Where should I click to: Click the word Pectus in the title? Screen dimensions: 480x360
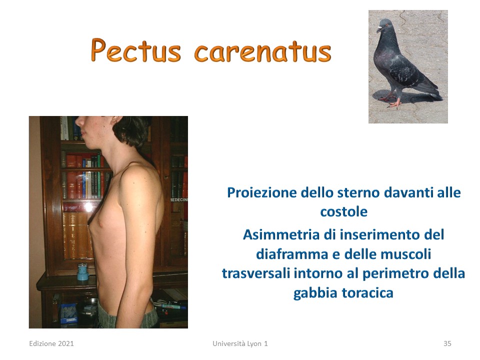[136, 50]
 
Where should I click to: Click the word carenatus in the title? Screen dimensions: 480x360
[263, 52]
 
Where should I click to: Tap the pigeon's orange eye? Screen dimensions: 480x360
[386, 25]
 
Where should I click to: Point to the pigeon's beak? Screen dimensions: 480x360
[379, 29]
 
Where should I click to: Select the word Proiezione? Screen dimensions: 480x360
[262, 193]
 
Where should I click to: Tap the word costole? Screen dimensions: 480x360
[344, 212]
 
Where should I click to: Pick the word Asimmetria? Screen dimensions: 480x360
[281, 235]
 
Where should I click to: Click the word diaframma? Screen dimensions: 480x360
[292, 254]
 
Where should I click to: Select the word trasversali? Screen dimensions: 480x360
[256, 273]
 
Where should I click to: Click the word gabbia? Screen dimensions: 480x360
[315, 293]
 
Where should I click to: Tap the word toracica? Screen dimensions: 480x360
[367, 293]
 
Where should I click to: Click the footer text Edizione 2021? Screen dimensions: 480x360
[51, 343]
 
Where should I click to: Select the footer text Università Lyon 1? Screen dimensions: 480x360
[240, 343]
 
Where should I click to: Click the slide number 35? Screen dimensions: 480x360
[447, 343]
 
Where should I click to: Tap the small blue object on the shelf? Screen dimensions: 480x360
[82, 272]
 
